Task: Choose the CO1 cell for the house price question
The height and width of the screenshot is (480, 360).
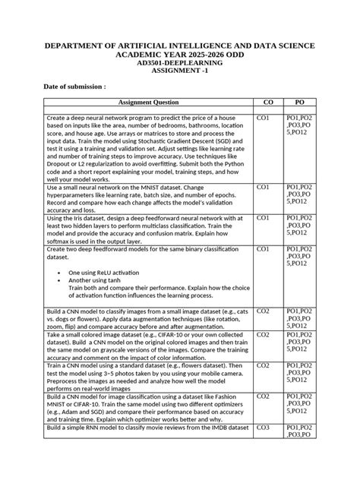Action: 264,118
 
